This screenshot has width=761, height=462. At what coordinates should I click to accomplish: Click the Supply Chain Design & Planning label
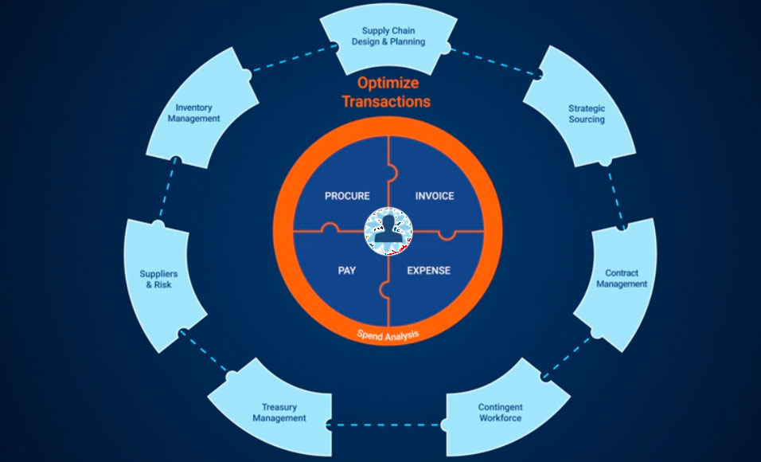(x=388, y=37)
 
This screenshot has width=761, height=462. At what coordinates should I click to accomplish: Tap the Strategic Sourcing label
(x=587, y=114)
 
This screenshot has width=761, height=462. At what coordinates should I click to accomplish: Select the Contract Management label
(x=622, y=279)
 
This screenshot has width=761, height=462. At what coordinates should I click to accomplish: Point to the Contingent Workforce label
(x=500, y=413)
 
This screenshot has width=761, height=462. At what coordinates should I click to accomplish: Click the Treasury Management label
(x=279, y=413)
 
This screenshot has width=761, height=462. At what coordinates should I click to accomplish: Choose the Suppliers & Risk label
(x=158, y=279)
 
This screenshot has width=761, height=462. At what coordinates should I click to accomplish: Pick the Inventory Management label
(x=197, y=113)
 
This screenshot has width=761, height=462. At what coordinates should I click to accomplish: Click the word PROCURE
(x=347, y=196)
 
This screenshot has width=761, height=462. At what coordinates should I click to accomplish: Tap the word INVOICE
(x=435, y=196)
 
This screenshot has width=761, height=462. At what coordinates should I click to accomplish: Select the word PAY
(x=346, y=270)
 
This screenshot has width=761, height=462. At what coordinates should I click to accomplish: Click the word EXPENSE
(x=429, y=270)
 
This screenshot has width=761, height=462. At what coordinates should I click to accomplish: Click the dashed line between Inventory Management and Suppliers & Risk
(x=166, y=191)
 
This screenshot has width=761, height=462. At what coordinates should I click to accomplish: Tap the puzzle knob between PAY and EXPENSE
(x=383, y=289)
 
